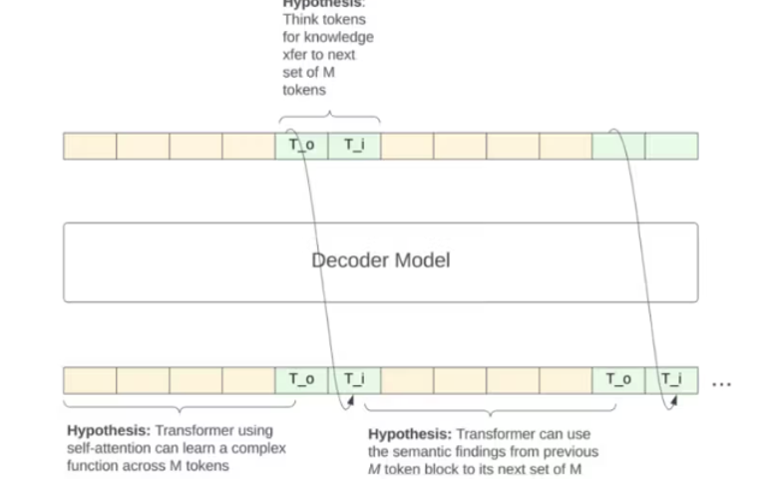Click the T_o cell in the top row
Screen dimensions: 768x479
click(x=301, y=146)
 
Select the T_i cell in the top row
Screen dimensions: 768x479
click(x=354, y=146)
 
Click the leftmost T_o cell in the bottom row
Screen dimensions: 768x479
click(x=301, y=379)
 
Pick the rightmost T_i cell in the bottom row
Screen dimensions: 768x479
click(x=671, y=379)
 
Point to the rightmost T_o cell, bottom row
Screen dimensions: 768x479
click(x=618, y=379)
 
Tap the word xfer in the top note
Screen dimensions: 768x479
click(x=297, y=55)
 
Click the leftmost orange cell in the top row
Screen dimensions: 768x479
click(x=90, y=146)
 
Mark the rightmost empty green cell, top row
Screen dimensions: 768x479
click(x=671, y=146)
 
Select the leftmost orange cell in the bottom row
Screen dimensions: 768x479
click(x=90, y=379)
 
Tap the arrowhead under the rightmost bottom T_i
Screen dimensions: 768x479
click(x=674, y=401)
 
